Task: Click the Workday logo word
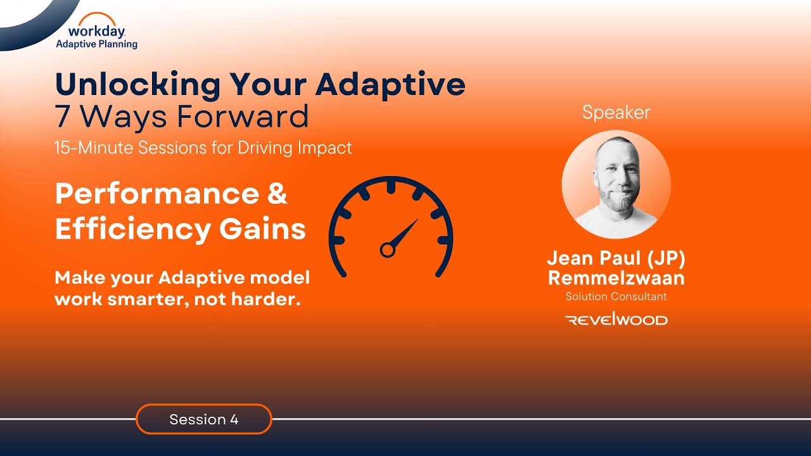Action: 97,32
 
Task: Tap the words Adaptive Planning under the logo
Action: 97,44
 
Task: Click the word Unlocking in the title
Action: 137,84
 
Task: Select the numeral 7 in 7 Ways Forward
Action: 62,117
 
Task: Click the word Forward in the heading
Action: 243,117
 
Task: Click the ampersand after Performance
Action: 278,194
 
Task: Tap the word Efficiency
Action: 133,230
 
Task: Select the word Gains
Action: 262,229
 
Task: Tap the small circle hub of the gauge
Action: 387,250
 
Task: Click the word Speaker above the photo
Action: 616,113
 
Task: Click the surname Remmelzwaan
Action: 616,278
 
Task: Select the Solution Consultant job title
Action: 616,296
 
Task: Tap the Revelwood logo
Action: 616,320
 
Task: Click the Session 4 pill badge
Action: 204,419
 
